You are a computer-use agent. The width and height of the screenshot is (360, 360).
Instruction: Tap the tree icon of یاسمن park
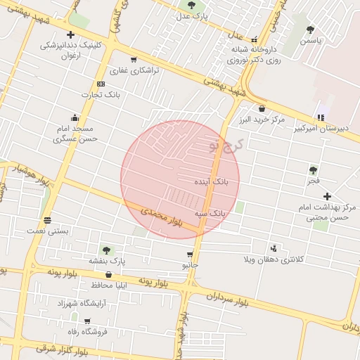click(310, 30)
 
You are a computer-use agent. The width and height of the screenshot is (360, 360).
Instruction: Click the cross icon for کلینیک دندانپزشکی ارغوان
click(70, 34)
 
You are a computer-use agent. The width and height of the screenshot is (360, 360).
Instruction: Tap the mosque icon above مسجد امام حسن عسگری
click(75, 117)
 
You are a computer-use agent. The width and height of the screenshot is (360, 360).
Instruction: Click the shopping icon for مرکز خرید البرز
click(262, 108)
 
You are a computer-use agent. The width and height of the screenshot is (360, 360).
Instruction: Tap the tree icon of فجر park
click(313, 169)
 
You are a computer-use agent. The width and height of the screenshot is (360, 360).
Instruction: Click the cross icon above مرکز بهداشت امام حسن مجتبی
click(327, 195)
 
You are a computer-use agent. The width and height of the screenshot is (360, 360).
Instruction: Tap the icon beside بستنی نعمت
click(47, 219)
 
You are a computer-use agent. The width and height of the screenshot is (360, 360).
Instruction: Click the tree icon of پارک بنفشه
click(106, 250)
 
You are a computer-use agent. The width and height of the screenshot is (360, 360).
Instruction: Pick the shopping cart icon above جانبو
click(190, 255)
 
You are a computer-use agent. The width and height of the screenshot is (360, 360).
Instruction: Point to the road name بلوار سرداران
click(229, 300)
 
